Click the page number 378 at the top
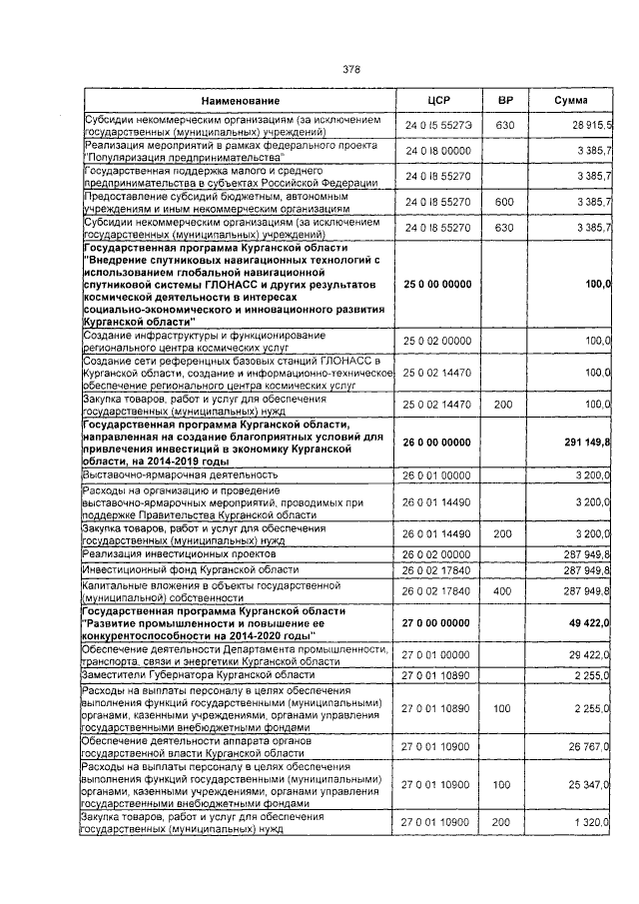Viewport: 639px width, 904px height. (350, 69)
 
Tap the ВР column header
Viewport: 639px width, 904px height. (505, 101)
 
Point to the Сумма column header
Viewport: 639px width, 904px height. (570, 101)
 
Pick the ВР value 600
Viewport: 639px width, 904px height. (504, 202)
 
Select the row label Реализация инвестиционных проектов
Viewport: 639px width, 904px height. (179, 552)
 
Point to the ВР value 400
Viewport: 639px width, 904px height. (504, 590)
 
